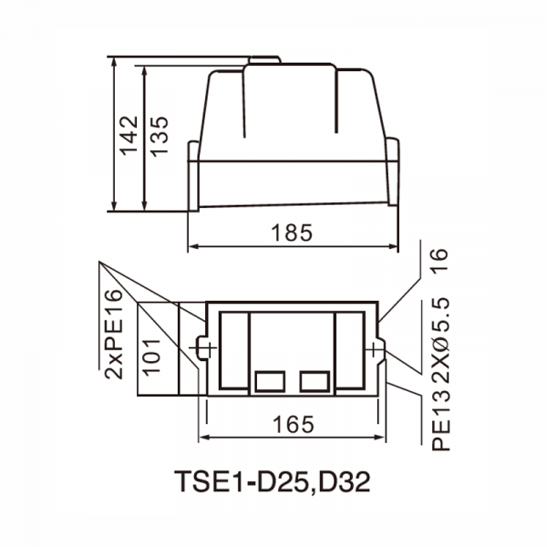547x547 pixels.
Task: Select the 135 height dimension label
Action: [159, 137]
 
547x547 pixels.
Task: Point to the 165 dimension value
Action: [293, 424]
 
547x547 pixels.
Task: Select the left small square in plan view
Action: [270, 381]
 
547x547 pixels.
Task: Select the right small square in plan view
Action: [315, 381]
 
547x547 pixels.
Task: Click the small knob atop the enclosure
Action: [263, 62]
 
